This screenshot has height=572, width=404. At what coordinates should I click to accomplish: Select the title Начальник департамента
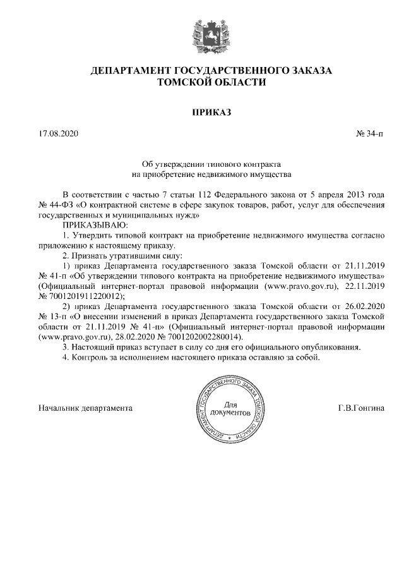click(86, 408)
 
